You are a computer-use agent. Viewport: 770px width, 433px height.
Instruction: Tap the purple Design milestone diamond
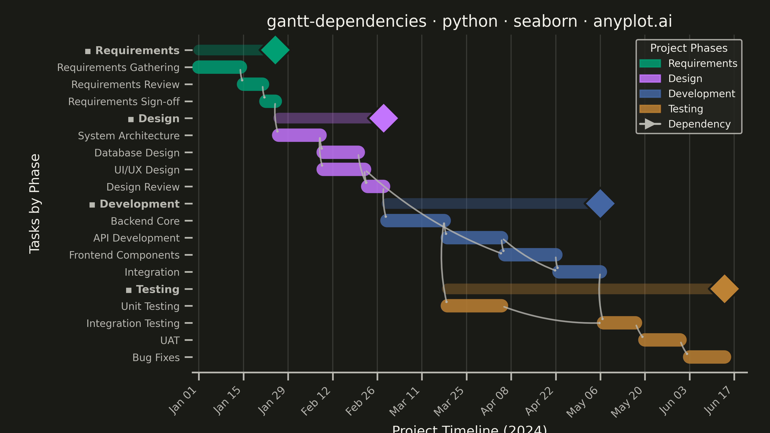pyautogui.click(x=384, y=118)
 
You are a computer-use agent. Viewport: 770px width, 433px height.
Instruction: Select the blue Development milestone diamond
pyautogui.click(x=600, y=204)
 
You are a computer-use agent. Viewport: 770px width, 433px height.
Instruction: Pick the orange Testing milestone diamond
pyautogui.click(x=725, y=289)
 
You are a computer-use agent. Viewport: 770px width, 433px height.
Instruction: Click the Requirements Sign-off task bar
pyautogui.click(x=270, y=101)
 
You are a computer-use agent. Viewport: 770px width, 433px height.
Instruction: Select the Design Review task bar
pyautogui.click(x=375, y=186)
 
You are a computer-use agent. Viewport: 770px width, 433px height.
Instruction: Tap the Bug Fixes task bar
pyautogui.click(x=707, y=357)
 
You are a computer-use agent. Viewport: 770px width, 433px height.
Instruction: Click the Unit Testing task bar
pyautogui.click(x=474, y=306)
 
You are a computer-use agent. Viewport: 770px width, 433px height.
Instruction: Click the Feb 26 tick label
pyautogui.click(x=360, y=401)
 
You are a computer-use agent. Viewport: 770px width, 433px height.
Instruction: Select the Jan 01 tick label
pyautogui.click(x=183, y=401)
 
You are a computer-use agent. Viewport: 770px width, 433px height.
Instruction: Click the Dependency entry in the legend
pyautogui.click(x=699, y=124)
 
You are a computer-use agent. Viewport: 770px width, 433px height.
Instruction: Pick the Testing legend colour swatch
pyautogui.click(x=650, y=109)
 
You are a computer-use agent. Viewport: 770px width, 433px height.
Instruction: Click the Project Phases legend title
pyautogui.click(x=689, y=48)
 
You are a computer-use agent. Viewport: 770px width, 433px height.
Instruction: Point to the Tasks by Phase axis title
pyautogui.click(x=35, y=204)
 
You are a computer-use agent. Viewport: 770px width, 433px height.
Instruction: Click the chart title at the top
pyautogui.click(x=469, y=21)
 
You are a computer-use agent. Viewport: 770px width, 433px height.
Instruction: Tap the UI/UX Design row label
pyautogui.click(x=147, y=170)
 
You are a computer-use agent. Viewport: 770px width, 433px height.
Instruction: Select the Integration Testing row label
pyautogui.click(x=133, y=323)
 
